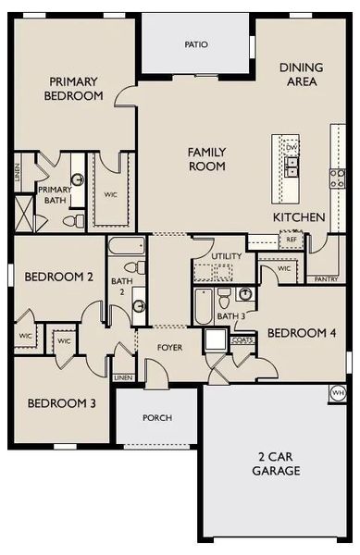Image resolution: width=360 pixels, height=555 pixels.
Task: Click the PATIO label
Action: click(195, 43)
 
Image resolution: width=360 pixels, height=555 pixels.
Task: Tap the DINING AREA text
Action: click(299, 74)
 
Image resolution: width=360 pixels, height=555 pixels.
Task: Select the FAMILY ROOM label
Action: click(207, 159)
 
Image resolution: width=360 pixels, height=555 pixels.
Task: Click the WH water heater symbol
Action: click(338, 392)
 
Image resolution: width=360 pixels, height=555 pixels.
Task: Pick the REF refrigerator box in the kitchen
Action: click(291, 239)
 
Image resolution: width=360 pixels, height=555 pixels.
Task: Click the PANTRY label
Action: click(325, 278)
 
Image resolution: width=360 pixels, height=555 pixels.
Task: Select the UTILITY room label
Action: click(226, 256)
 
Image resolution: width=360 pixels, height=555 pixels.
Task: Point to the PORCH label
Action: click(157, 418)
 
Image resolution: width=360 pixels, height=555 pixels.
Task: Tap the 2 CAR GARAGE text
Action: click(279, 463)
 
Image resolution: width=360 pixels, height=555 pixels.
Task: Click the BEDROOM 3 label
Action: click(58, 402)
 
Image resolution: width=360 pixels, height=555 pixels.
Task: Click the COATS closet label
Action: click(242, 340)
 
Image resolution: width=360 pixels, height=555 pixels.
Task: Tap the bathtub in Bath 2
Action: click(122, 248)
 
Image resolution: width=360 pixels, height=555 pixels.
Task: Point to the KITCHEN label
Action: click(299, 216)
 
